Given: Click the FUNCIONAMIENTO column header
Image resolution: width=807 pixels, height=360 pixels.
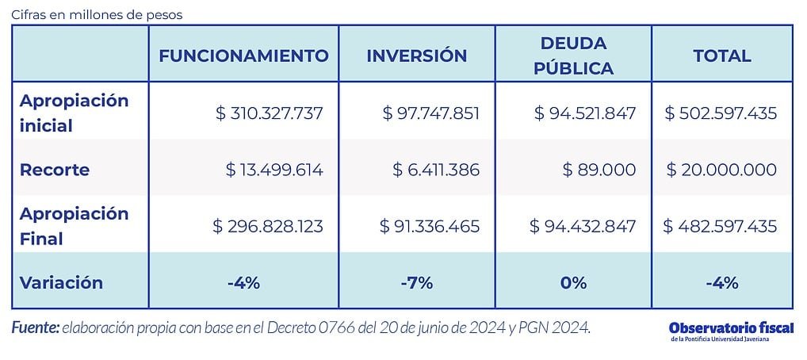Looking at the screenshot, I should [243, 56].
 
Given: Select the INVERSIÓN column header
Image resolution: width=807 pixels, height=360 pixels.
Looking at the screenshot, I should [416, 56].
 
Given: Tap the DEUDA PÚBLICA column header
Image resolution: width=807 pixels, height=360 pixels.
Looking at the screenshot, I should [573, 56].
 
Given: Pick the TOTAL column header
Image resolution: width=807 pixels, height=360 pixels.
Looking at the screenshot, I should [721, 56].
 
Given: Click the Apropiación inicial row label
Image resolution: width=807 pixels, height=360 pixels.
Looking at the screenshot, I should [73, 113].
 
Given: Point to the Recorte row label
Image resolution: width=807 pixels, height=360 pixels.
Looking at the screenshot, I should [54, 170].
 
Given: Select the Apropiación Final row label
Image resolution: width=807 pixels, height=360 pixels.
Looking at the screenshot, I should [73, 226].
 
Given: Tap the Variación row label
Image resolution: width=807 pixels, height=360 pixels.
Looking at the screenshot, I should [61, 282].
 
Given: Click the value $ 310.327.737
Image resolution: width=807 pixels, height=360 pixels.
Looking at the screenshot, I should [269, 113].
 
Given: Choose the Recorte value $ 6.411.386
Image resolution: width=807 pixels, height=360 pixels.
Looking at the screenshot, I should [436, 170].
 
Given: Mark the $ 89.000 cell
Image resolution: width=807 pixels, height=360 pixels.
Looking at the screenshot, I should [599, 170].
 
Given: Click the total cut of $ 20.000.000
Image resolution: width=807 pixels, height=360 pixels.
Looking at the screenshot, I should [721, 170].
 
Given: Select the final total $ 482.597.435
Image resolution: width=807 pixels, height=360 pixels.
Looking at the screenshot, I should [721, 226].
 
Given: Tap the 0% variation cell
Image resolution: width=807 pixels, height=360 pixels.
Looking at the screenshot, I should [573, 282].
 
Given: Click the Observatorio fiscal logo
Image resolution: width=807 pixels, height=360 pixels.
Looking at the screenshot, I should [730, 331].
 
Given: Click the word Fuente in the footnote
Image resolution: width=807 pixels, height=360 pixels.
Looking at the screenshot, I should [35, 327].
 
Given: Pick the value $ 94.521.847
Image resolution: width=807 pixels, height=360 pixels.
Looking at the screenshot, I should [585, 113].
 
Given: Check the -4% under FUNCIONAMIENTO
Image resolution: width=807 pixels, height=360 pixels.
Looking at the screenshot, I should [243, 282].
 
